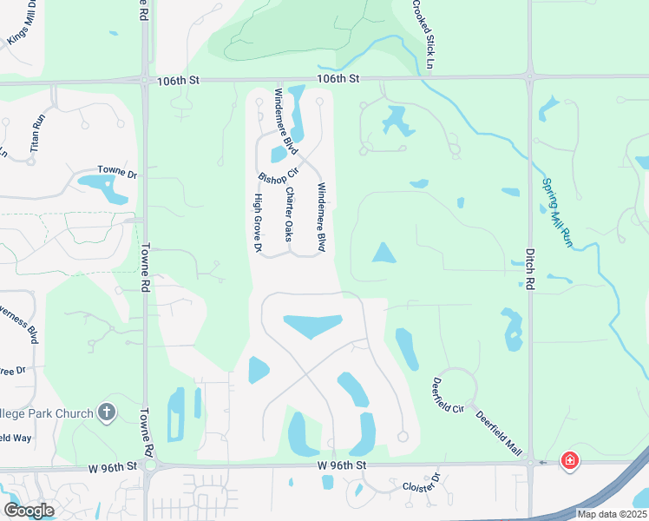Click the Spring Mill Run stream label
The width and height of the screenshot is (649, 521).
557,213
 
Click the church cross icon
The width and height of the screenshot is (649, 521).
107,412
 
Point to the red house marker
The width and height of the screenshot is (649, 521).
569,460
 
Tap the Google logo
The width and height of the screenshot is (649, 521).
29,511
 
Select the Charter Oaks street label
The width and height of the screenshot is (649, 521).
290,214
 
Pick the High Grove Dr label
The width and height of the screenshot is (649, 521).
258,223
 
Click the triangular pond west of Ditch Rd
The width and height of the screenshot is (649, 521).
383,254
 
